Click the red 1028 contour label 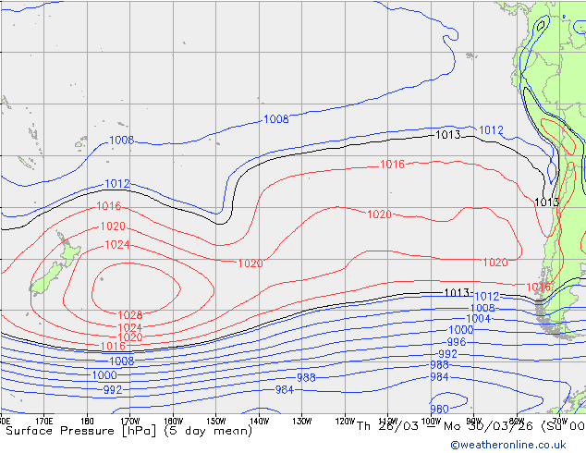[130, 315]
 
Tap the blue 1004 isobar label [478, 319]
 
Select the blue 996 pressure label [456, 342]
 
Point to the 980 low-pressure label [440, 409]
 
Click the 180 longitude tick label [88, 422]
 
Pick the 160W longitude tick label [173, 422]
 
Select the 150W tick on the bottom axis [215, 422]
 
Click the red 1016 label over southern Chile [539, 288]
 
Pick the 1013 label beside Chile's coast [546, 202]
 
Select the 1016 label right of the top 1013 [392, 165]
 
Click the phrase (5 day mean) [205, 430]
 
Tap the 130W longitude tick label [300, 422]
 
